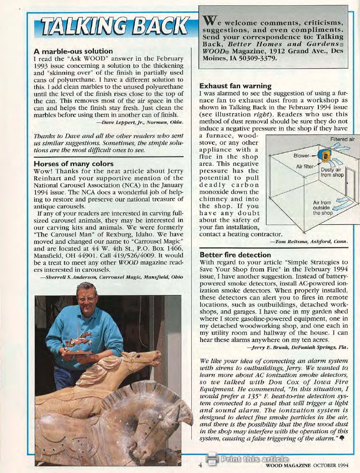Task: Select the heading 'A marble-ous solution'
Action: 73,51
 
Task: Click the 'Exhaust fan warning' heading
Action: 235,86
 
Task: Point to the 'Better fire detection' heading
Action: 235,254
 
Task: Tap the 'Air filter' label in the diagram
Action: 305,167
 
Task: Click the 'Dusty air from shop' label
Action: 332,172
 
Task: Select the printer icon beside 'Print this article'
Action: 211,459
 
